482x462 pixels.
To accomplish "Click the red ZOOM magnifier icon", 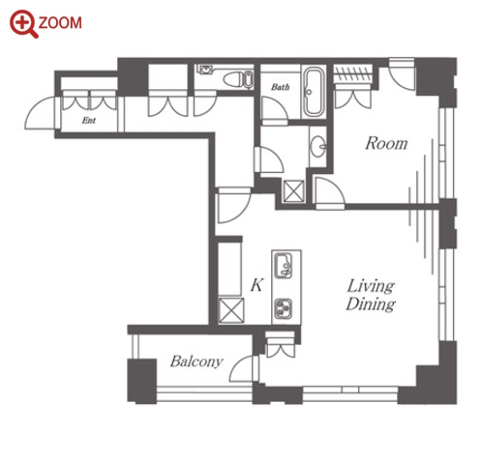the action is tap(23, 24).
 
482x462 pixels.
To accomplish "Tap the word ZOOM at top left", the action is tap(60, 23).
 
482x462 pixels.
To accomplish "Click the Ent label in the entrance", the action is tap(89, 121).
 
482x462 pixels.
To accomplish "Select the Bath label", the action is tap(280, 87).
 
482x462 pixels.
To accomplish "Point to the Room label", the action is tap(386, 143).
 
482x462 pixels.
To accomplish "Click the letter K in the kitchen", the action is tap(256, 285).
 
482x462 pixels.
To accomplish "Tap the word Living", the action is tap(371, 286).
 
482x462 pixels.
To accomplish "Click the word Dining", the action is tap(371, 304).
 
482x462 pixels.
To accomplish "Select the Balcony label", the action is tap(196, 361).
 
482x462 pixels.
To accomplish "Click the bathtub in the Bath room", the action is tap(314, 92).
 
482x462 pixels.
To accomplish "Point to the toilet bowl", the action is tap(238, 79).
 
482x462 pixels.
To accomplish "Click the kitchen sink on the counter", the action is tap(284, 265).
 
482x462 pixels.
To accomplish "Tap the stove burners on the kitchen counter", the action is tap(284, 309).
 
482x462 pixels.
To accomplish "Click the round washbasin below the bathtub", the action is tap(318, 147).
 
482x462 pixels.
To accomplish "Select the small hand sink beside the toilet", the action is tap(205, 70).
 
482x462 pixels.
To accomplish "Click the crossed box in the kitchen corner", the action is tap(231, 310).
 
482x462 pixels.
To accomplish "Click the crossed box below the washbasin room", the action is tap(293, 191).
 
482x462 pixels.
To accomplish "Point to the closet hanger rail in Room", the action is tap(352, 74).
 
